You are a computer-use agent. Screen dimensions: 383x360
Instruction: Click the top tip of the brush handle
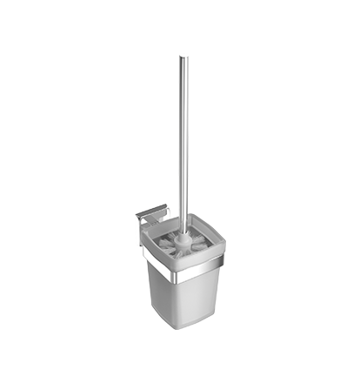(183, 57)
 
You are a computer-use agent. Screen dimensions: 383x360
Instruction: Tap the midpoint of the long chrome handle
(183, 139)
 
